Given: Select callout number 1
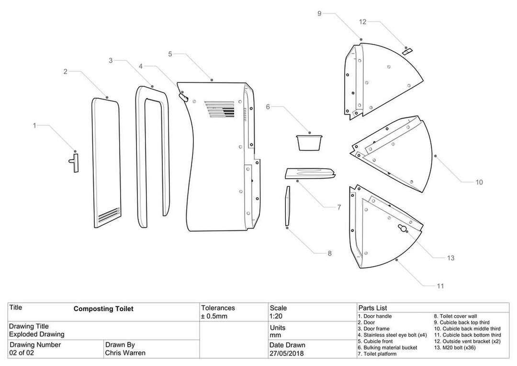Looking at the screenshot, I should point(34,126).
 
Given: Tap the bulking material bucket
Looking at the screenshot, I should point(309,142).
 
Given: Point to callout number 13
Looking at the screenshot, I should point(450,258).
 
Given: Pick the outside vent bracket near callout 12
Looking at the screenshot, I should point(407,51).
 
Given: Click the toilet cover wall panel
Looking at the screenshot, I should point(287,206).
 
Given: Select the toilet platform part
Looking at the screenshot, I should point(310,172).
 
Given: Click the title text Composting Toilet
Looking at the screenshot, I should point(103,309).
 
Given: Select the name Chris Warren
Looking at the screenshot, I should point(125,353).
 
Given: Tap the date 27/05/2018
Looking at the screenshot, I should point(286,354).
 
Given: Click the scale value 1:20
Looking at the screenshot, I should point(277,317).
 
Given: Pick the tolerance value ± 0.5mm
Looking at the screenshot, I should point(214,317).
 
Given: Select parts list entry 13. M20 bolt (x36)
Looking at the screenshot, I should point(457,347).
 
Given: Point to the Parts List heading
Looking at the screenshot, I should point(372,308).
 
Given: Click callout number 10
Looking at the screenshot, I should point(479,182).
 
